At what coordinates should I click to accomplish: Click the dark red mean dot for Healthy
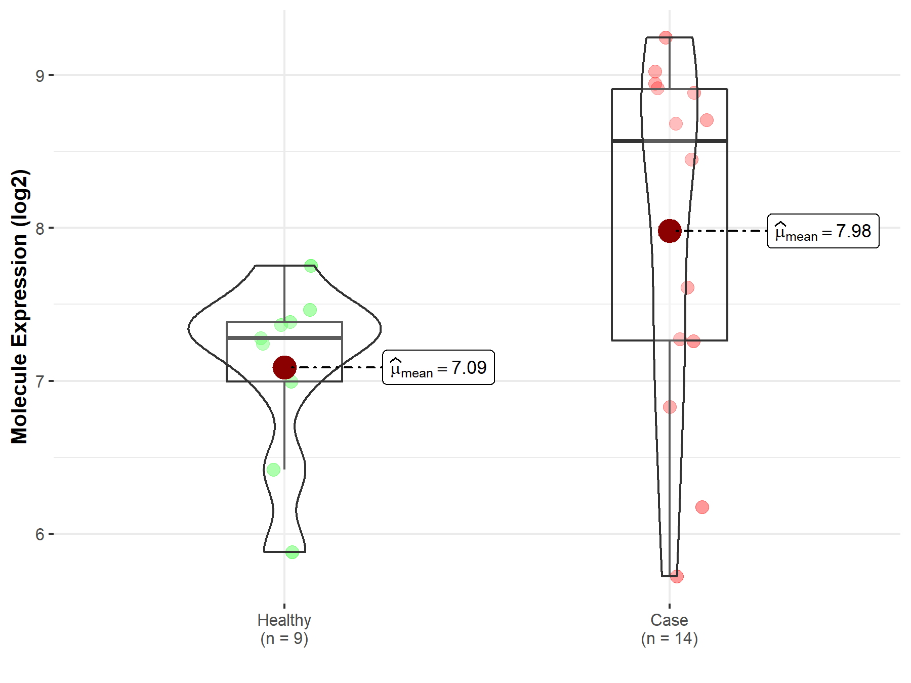click(x=284, y=367)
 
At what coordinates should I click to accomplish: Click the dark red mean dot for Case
click(x=670, y=231)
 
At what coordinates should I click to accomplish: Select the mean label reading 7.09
click(x=438, y=367)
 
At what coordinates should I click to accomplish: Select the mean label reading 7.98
click(x=823, y=231)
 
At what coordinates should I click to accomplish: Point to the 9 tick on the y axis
click(x=40, y=75)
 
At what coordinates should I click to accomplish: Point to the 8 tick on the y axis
click(x=40, y=228)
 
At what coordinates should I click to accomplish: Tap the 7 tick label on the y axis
click(x=40, y=381)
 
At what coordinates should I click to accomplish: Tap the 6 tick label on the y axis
click(x=40, y=534)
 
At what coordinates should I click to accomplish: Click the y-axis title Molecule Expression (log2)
click(x=19, y=307)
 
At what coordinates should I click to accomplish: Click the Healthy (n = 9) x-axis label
click(x=284, y=629)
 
